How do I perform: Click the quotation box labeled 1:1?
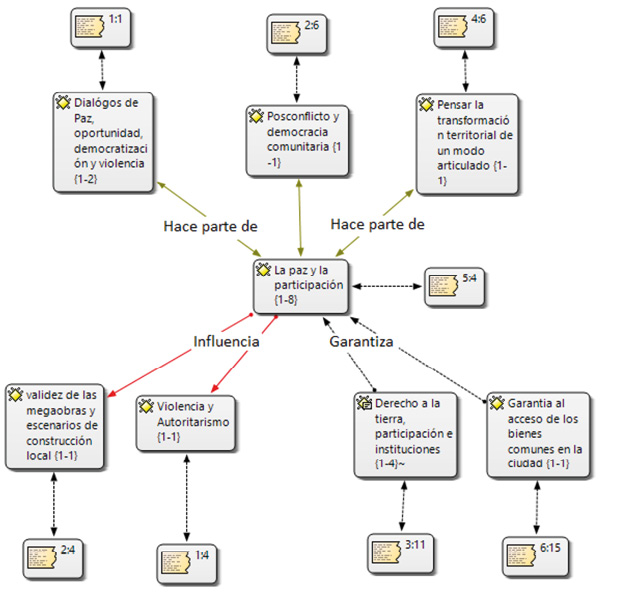coord(103,27)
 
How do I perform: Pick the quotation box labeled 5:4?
coord(455,284)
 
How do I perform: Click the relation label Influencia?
coord(227,342)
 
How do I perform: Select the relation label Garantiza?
coord(361,342)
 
